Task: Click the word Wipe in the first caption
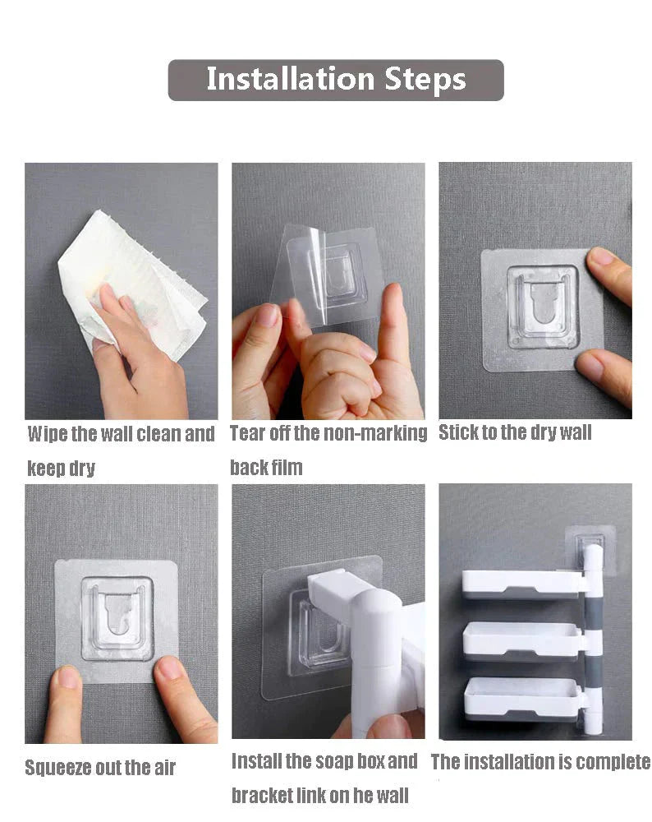tap(47, 434)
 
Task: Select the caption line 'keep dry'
tap(61, 469)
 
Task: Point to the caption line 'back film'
tap(266, 468)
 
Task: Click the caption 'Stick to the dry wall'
tap(515, 433)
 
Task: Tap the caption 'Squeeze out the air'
tap(100, 769)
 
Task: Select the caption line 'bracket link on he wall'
tap(319, 796)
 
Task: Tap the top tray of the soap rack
tap(521, 582)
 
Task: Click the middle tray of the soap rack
tap(522, 640)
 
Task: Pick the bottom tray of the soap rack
tap(522, 695)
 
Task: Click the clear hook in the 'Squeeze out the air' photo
tap(117, 617)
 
